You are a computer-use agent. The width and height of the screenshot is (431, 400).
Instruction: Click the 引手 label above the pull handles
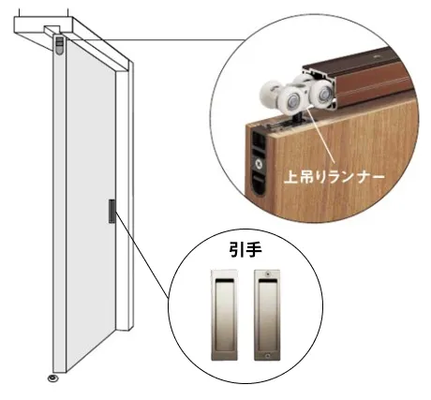[245, 250]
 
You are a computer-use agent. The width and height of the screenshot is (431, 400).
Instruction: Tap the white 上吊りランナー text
[334, 178]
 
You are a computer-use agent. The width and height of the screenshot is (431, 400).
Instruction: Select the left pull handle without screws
[224, 315]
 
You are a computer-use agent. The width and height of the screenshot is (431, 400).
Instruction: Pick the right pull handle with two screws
[267, 315]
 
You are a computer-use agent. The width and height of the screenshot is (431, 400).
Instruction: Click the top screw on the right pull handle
[267, 274]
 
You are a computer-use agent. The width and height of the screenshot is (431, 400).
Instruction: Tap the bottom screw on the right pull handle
[267, 356]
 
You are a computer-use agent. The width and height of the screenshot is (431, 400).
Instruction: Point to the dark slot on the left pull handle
[224, 281]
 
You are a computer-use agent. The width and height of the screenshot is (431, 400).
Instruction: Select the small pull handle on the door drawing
[111, 211]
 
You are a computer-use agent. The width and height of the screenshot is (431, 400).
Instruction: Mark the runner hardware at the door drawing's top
[60, 45]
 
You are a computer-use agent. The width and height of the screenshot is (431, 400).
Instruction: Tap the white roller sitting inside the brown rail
[322, 93]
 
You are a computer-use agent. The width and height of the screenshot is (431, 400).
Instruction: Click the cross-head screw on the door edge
[259, 163]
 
